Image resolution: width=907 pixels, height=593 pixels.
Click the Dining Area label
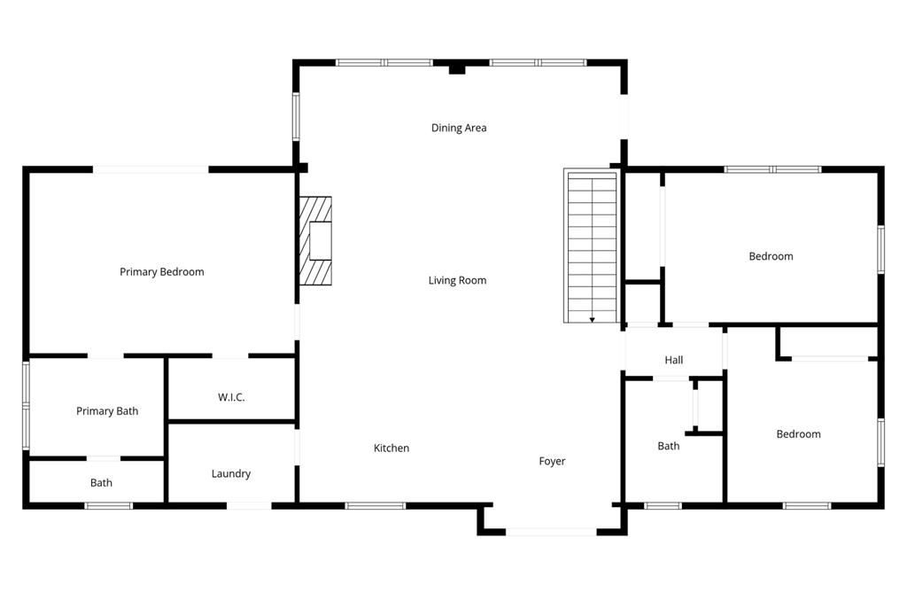tap(459, 128)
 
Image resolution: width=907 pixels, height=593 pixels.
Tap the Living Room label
tap(457, 280)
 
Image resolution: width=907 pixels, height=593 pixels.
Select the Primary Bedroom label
tap(162, 272)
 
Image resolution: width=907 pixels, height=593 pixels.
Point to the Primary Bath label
tap(107, 411)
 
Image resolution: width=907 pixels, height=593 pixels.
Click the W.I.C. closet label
tap(231, 397)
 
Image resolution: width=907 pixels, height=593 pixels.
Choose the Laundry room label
tap(231, 474)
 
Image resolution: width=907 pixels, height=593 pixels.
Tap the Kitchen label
tap(391, 449)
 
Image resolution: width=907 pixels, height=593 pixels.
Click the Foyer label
tap(552, 461)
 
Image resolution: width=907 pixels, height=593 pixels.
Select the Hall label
tap(674, 360)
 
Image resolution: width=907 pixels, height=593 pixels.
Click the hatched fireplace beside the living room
tap(315, 240)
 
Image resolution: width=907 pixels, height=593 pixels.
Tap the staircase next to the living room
tap(591, 246)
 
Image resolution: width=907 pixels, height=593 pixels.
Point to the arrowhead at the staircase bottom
tap(592, 319)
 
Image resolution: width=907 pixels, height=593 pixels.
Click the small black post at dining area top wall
tap(457, 68)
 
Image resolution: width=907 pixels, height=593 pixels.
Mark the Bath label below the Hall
tap(669, 446)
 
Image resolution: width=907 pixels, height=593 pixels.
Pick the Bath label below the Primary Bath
tap(101, 483)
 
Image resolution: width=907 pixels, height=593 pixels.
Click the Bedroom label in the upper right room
tap(771, 256)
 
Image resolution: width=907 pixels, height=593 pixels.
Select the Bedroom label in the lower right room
tap(798, 434)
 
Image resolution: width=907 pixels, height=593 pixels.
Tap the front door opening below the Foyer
tap(551, 532)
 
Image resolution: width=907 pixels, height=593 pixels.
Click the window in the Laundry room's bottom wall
tap(249, 505)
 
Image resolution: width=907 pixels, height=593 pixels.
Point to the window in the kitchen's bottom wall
tap(375, 505)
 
